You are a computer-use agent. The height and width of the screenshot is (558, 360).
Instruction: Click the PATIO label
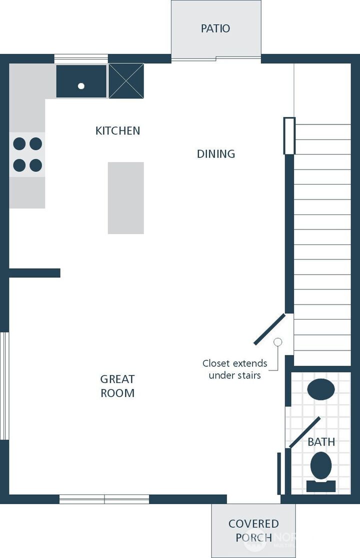pos(215,28)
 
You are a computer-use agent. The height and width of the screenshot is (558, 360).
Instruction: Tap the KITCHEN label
pos(117,130)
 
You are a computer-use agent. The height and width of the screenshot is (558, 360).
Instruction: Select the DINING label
pos(216,153)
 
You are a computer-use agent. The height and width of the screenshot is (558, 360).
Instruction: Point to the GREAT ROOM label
pos(117,386)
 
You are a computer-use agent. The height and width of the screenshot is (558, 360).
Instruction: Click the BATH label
pos(321,441)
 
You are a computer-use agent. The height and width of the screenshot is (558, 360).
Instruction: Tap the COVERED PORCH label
pos(253,530)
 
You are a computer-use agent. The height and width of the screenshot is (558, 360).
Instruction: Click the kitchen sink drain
pos(81,86)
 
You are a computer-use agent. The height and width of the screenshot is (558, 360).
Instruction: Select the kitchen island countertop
pos(126,198)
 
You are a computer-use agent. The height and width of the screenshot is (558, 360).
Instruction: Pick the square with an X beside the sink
pos(126,81)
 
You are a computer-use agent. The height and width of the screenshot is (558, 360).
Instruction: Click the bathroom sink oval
pos(321,389)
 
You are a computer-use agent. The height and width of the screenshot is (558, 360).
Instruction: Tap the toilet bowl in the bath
pos(321,465)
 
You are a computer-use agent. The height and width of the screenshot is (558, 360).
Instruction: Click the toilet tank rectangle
pos(321,486)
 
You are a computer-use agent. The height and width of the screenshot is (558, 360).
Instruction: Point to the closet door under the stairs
pos(269,329)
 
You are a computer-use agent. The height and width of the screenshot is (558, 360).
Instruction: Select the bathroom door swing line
pos(304,432)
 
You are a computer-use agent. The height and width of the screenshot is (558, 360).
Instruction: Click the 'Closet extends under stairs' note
pos(235,369)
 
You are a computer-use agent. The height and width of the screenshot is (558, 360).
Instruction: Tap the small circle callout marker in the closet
pos(278,342)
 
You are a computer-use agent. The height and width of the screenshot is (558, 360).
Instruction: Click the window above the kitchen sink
pos(81,58)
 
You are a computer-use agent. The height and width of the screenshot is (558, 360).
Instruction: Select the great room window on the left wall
pos(4,386)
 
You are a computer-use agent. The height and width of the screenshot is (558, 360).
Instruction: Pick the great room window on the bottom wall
pos(104,499)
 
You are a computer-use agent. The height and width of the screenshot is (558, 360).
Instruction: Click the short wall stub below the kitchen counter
pos(34,273)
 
